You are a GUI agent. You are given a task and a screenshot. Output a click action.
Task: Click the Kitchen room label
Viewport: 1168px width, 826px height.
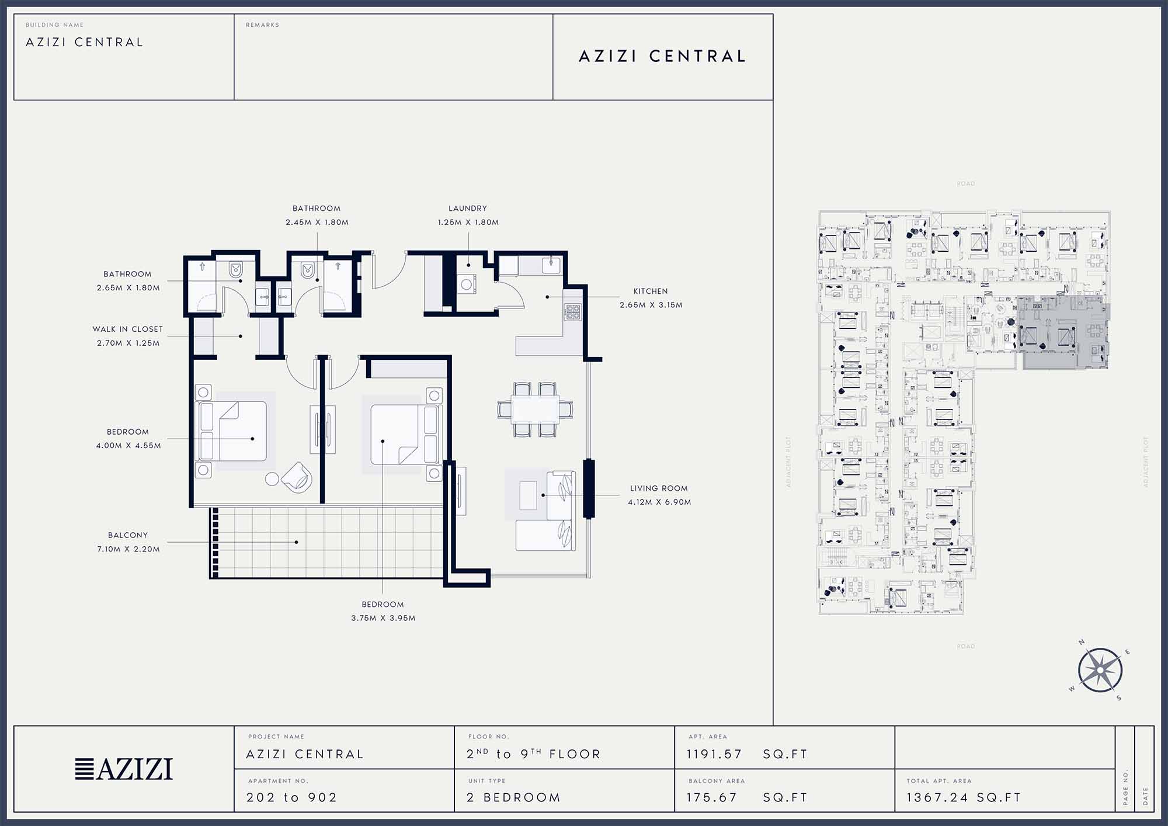(651, 291)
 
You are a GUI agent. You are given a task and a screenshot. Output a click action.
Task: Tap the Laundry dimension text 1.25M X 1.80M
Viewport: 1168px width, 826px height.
(468, 223)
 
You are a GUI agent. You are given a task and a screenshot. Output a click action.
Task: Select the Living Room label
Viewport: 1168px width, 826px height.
(659, 488)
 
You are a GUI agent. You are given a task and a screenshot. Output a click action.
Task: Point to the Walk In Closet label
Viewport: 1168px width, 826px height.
(127, 329)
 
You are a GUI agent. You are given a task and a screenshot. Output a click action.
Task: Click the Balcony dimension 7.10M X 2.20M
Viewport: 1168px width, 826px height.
(128, 549)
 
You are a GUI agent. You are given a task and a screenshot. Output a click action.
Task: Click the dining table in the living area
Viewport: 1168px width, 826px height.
(535, 409)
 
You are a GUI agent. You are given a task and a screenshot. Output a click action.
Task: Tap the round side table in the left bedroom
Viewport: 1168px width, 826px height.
(272, 479)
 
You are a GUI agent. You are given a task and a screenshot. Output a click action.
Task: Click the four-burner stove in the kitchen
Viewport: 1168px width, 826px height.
(572, 311)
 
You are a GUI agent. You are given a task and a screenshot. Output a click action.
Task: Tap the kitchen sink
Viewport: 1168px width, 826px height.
(551, 265)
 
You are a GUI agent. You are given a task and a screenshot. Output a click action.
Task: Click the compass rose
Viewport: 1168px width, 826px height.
(1100, 670)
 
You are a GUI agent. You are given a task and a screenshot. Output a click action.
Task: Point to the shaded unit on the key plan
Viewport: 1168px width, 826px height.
(1063, 332)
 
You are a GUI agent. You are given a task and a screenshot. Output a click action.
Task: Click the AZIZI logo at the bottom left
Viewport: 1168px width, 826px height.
(124, 769)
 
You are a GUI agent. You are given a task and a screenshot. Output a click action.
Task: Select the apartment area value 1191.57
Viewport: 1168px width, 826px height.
(714, 754)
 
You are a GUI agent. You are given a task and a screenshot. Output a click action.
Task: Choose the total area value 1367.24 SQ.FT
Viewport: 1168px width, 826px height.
(964, 797)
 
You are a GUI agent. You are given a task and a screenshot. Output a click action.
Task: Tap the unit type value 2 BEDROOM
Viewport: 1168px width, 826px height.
(513, 797)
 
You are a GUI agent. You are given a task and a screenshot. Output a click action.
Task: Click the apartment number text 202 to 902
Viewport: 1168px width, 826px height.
(292, 797)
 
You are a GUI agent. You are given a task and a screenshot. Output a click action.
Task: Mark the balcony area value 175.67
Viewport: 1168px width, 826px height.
(712, 797)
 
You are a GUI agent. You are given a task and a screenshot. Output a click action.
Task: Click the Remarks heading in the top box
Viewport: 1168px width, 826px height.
(262, 25)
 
